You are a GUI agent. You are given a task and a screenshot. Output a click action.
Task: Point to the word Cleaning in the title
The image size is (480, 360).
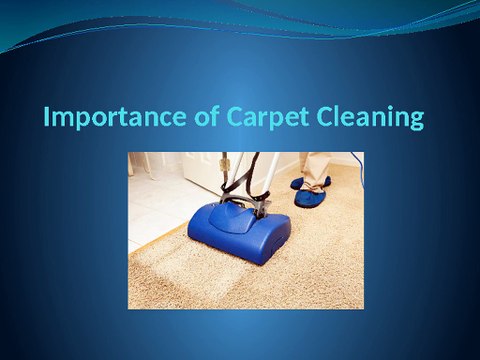pos(365,118)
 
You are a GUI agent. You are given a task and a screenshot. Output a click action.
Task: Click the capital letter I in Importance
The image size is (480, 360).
pos(48,118)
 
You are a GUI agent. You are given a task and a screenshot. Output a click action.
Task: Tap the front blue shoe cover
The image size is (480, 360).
pos(310,197)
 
